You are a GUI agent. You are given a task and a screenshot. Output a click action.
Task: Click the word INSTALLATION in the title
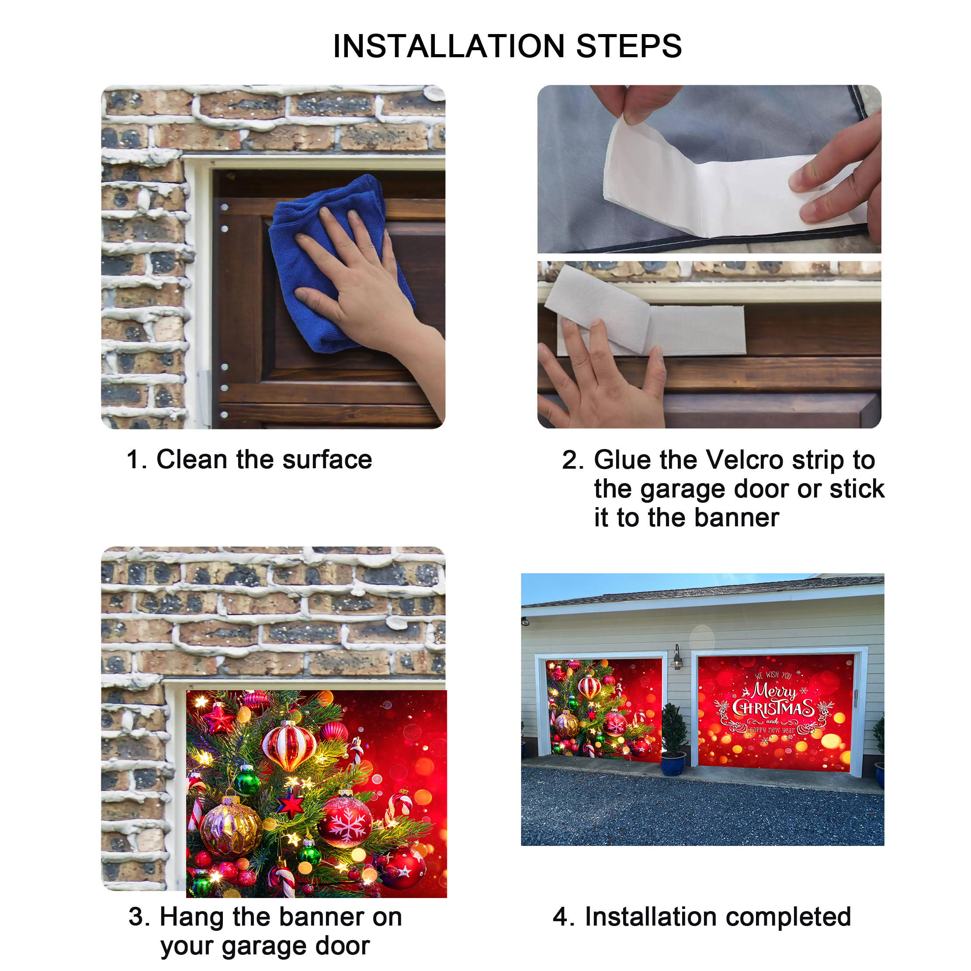pyautogui.click(x=449, y=46)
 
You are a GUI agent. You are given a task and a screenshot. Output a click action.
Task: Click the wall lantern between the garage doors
pyautogui.click(x=677, y=658)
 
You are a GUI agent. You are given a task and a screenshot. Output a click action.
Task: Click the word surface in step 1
pyautogui.click(x=327, y=460)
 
